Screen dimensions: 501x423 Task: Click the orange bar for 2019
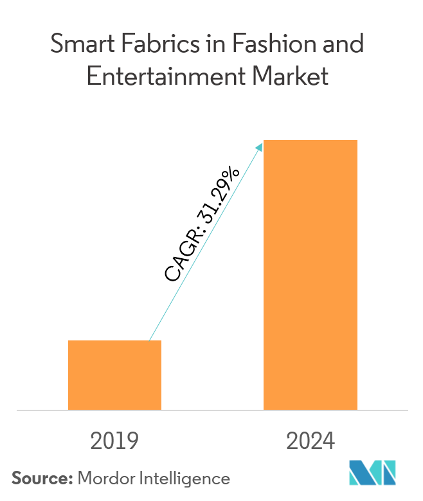(114, 375)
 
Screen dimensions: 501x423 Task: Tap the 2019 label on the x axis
(114, 442)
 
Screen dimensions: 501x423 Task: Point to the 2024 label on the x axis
(310, 442)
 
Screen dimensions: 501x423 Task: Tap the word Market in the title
(292, 76)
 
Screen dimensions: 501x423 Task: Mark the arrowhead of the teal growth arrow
(260, 148)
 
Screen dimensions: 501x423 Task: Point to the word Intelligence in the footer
(187, 478)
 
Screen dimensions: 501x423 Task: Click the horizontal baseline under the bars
(212, 410)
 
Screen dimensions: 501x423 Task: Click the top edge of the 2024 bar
(310, 140)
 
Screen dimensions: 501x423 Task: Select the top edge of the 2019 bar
(114, 341)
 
